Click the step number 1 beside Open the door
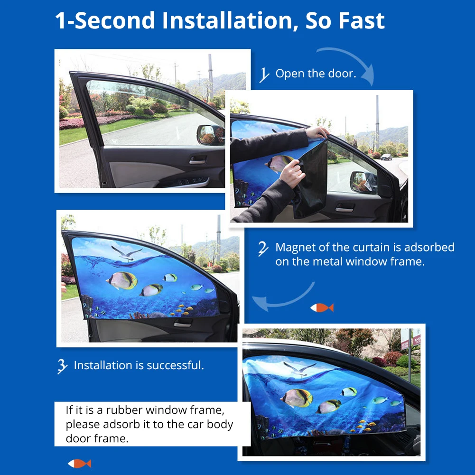click(264, 75)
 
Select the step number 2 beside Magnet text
click(263, 249)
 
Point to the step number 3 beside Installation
click(63, 366)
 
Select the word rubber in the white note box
click(124, 410)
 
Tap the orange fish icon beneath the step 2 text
click(322, 308)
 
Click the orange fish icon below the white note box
click(79, 464)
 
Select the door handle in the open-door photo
click(197, 160)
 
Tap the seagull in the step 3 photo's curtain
click(126, 253)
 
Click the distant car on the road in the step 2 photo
click(386, 157)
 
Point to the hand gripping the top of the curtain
click(317, 133)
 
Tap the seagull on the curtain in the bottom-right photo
click(299, 368)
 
